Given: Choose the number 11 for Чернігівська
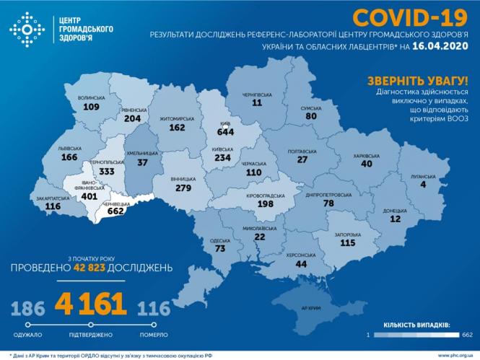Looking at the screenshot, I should tap(257, 103).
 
